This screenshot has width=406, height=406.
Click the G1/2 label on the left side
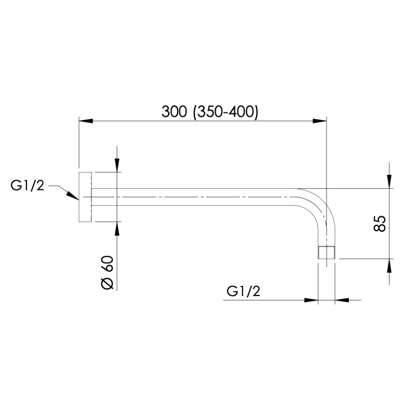pos(27,185)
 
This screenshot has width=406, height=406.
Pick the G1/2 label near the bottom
pos(244,291)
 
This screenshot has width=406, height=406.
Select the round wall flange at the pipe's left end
pos(85,197)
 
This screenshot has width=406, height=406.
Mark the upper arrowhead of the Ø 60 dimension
pos(116,165)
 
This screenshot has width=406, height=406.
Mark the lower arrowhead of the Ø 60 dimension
pos(116,228)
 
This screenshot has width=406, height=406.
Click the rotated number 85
pos(379,223)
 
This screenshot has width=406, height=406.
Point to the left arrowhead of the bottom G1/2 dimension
pos(311,300)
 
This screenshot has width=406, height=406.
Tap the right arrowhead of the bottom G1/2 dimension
pos(342,300)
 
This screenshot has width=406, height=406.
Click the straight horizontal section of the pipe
pos(197,197)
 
